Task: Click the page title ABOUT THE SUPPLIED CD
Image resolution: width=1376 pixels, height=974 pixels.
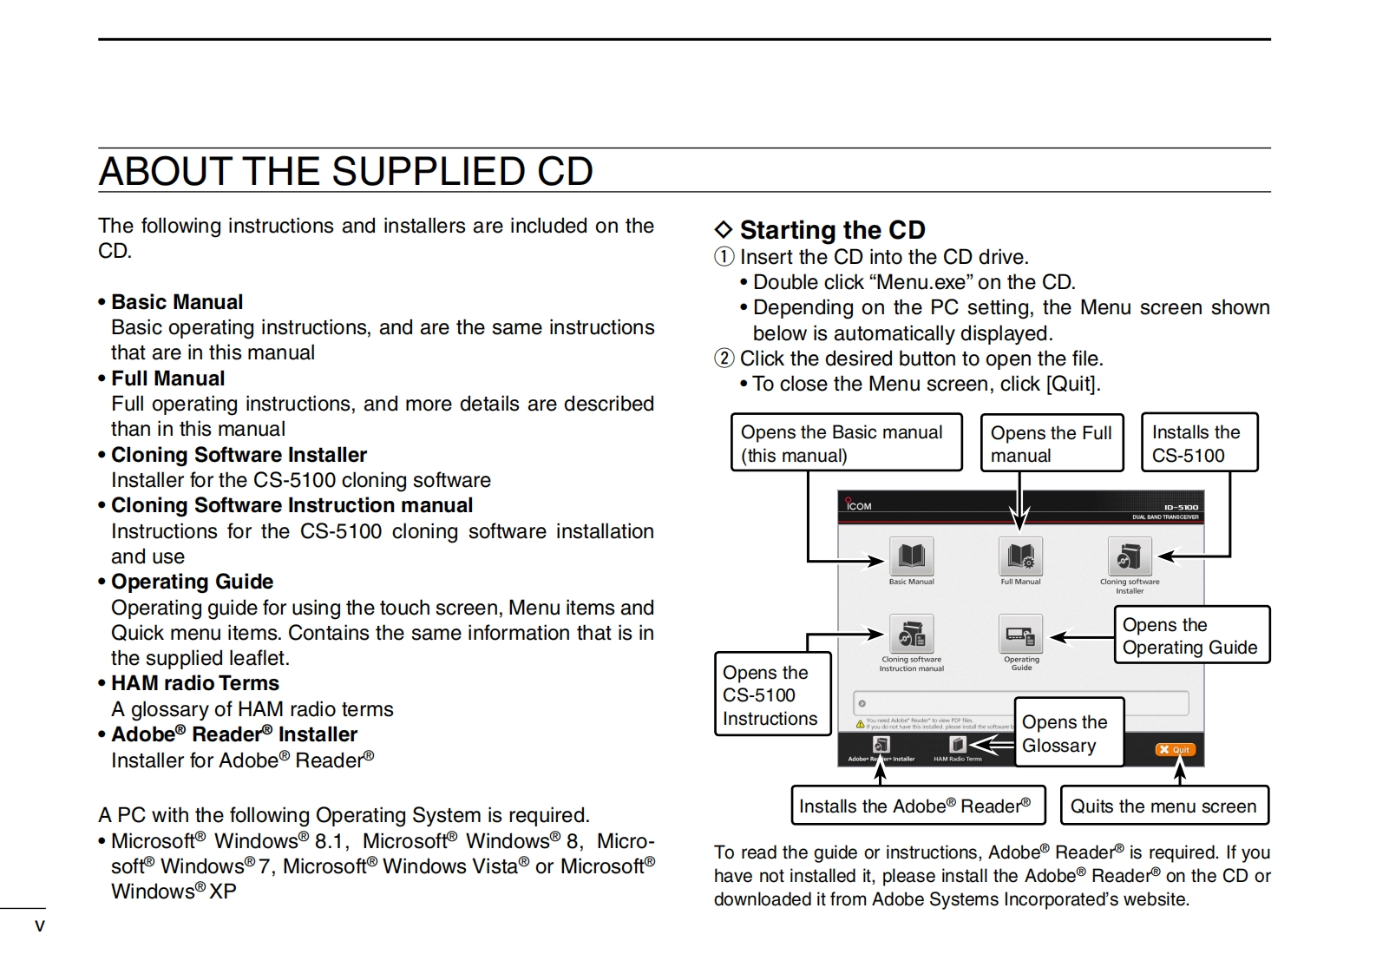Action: click(345, 171)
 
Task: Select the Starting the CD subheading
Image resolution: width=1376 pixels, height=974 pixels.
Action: click(832, 230)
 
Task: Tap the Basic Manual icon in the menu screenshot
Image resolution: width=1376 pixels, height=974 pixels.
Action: click(911, 556)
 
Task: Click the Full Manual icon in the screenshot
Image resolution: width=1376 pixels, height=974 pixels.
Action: click(1020, 556)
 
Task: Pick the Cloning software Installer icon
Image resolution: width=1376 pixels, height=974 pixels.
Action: click(1130, 556)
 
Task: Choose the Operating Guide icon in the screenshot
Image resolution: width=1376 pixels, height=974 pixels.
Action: click(1020, 635)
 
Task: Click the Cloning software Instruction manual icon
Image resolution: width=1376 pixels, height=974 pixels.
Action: click(911, 635)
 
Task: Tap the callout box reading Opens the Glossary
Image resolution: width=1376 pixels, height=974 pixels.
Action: click(1069, 733)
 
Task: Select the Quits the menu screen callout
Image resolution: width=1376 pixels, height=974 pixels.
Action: click(1163, 806)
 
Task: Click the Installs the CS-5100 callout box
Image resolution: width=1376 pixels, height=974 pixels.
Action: click(1198, 443)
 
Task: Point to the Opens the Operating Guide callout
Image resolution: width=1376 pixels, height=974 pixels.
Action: click(1191, 635)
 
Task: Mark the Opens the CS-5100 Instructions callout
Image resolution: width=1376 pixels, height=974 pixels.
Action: click(772, 694)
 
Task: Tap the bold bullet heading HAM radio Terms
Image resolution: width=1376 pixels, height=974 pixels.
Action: click(195, 683)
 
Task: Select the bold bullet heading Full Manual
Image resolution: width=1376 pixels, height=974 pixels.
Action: click(167, 378)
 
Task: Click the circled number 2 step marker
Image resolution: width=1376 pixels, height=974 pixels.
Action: click(724, 359)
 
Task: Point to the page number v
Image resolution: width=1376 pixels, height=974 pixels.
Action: click(39, 925)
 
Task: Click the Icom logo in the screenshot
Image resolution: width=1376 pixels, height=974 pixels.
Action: click(858, 505)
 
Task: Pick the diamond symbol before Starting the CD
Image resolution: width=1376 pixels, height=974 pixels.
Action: click(724, 230)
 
